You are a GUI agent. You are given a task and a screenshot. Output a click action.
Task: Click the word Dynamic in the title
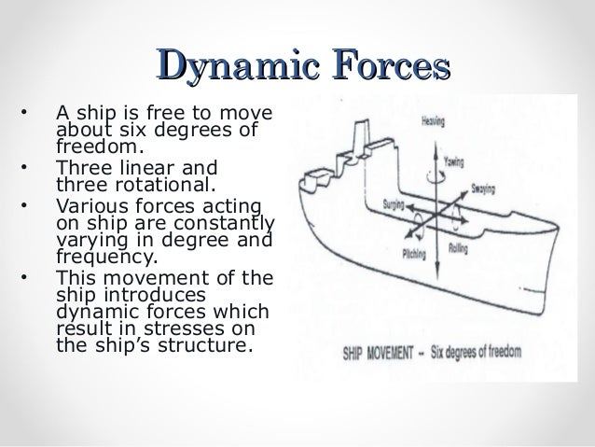pos(220,68)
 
